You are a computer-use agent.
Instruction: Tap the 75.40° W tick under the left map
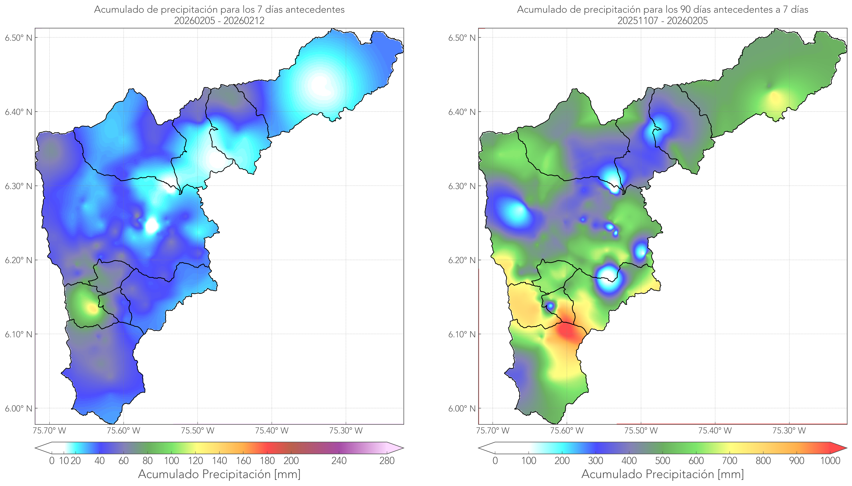[272, 431]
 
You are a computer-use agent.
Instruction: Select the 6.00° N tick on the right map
[462, 409]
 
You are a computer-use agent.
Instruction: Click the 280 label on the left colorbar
[387, 461]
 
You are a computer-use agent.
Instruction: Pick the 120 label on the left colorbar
[195, 461]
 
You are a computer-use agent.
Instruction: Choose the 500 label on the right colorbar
[662, 461]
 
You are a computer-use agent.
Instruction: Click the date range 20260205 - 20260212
[219, 21]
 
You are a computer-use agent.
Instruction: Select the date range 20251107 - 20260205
[662, 21]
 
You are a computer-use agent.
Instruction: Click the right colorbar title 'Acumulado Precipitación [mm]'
[662, 474]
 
